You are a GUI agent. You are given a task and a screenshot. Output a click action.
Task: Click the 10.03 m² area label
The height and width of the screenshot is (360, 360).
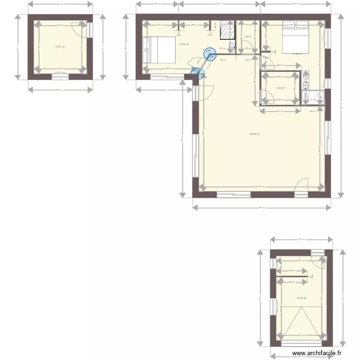pyautogui.click(x=60, y=47)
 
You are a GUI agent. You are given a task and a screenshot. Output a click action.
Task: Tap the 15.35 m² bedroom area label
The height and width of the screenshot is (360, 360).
pyautogui.click(x=183, y=44)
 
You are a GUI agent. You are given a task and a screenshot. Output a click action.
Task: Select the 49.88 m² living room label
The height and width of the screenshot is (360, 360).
pyautogui.click(x=254, y=134)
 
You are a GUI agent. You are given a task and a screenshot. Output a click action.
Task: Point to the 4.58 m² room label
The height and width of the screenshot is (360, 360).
pyautogui.click(x=280, y=88)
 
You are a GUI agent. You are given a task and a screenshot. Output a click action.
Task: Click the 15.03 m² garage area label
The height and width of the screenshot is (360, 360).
pyautogui.click(x=301, y=298)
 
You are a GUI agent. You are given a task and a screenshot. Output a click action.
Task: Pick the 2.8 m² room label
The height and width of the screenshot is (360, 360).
pyautogui.click(x=248, y=36)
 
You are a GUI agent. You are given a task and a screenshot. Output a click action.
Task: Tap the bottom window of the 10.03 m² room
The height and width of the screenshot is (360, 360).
pyautogui.click(x=60, y=76)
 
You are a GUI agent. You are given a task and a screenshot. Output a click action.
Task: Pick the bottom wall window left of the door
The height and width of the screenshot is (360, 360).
pyautogui.click(x=233, y=194)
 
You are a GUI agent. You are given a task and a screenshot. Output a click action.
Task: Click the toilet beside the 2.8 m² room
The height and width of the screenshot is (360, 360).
pyautogui.click(x=232, y=48)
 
